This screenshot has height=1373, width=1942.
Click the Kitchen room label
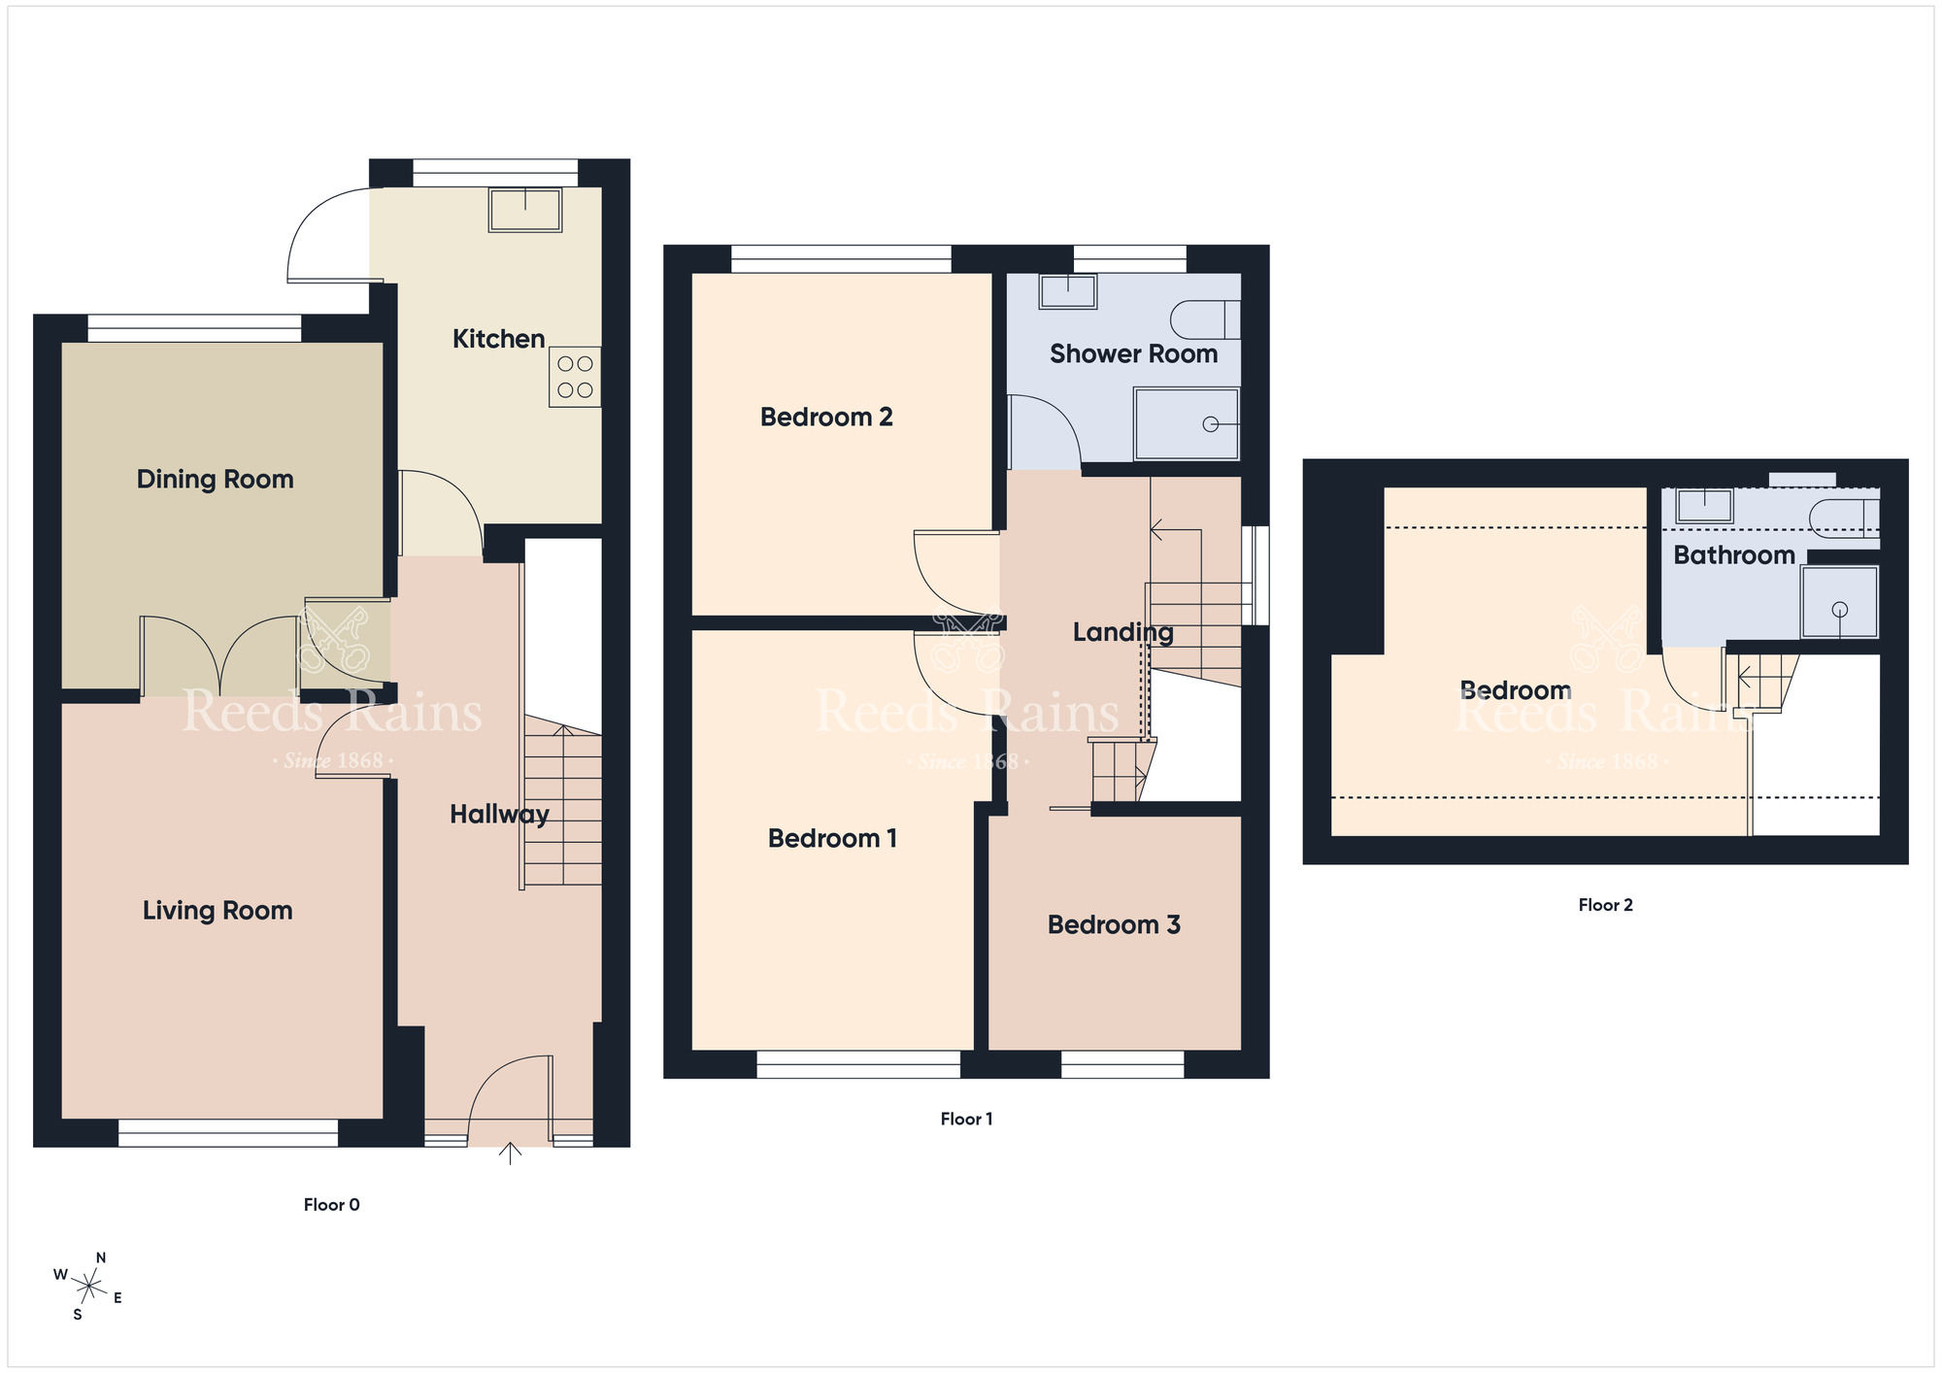click(498, 339)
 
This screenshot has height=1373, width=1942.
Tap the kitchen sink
click(525, 210)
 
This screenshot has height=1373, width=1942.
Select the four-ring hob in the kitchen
click(575, 378)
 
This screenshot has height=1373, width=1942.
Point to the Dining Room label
click(215, 480)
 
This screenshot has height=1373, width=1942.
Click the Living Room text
click(218, 911)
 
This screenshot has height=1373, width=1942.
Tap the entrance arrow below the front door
click(510, 1153)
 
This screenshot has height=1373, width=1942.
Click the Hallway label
click(499, 815)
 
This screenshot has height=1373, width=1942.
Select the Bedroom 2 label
click(826, 418)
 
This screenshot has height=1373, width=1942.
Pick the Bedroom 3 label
click(1114, 924)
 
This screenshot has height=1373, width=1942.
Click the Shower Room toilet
click(1205, 319)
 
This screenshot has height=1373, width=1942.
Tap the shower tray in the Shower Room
click(1187, 424)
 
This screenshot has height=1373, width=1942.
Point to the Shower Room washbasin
click(1068, 291)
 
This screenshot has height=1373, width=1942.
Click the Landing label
click(1122, 633)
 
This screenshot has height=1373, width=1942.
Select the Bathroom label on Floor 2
click(1734, 555)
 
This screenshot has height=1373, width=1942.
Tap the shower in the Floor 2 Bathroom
click(1840, 602)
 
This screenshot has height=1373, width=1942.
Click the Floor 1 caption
click(966, 1119)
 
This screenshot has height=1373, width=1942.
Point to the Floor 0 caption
click(331, 1205)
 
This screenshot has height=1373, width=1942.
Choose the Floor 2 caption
click(1605, 905)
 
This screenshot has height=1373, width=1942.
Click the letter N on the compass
click(101, 1257)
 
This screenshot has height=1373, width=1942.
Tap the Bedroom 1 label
click(832, 839)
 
